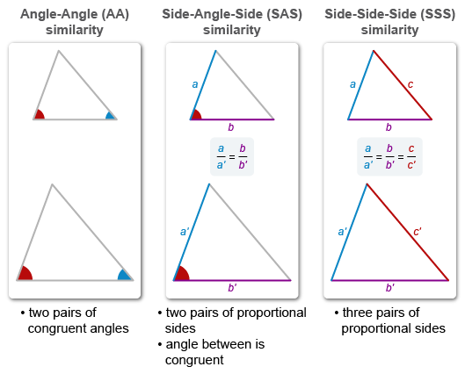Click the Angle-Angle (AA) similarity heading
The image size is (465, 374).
click(x=74, y=22)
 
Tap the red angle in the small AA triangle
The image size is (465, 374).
click(x=39, y=114)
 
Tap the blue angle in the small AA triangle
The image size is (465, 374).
click(x=110, y=115)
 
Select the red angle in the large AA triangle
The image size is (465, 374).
click(x=25, y=273)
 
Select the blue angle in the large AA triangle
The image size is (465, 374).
click(x=125, y=275)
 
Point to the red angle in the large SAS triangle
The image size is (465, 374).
click(x=182, y=273)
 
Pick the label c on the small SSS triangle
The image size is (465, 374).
click(x=410, y=84)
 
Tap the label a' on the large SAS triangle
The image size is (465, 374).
click(x=185, y=232)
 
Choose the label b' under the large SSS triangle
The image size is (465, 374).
click(x=389, y=288)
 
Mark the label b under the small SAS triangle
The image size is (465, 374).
click(x=231, y=126)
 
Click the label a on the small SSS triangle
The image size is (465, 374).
click(x=352, y=85)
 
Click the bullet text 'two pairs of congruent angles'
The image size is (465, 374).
click(x=74, y=320)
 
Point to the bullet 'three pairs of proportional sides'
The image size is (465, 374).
click(x=389, y=320)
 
